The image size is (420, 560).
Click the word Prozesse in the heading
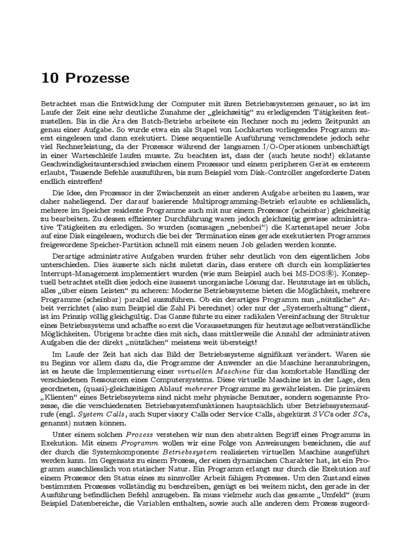[x=98, y=78]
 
